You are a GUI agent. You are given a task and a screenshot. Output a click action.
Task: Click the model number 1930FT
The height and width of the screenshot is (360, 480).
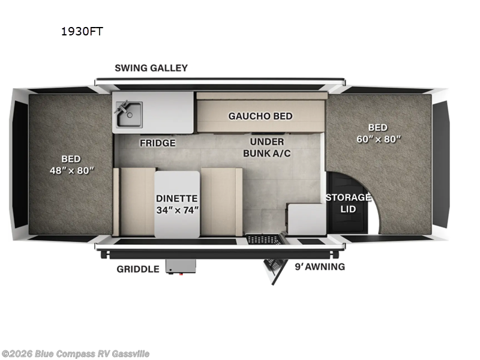point(82,31)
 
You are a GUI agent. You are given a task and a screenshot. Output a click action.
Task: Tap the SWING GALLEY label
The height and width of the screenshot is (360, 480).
point(151,68)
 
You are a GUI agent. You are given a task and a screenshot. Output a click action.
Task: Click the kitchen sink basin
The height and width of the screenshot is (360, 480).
point(129,115)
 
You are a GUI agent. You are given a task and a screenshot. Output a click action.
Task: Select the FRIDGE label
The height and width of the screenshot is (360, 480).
point(158,143)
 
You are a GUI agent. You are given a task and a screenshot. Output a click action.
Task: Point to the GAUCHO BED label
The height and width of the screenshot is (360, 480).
point(260,116)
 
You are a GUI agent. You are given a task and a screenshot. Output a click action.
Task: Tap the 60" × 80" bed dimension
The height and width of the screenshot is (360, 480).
point(377,139)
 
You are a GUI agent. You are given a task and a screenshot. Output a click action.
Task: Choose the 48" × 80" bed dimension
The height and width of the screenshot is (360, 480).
point(71,170)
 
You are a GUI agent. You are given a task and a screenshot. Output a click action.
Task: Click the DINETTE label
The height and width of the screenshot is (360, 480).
point(177,198)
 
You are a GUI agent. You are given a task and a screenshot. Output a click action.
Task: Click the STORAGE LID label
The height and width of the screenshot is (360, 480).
point(348,203)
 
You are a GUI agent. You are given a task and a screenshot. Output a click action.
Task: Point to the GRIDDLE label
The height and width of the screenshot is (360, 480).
point(138,269)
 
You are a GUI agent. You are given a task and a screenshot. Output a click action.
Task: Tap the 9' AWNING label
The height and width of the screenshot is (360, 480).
point(319,266)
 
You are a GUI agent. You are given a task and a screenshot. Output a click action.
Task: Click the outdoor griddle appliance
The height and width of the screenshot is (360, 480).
point(181,266)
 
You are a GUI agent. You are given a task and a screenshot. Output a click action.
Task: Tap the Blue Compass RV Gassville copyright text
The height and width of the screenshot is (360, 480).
point(75,353)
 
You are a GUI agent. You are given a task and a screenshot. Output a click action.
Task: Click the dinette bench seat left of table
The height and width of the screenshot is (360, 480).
point(137,202)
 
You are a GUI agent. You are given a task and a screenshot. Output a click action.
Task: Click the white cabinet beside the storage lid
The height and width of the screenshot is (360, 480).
point(306,219)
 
